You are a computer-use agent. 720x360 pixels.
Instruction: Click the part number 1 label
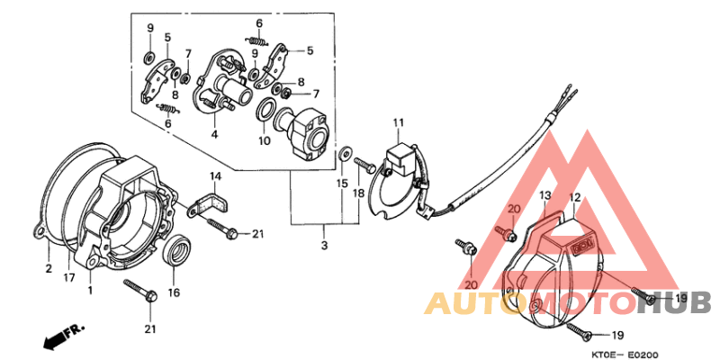[x=90, y=290]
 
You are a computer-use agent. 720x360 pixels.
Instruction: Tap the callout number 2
[x=48, y=267]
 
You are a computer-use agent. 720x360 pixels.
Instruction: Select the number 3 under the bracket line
[x=324, y=246]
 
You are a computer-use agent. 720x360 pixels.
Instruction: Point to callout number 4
[x=214, y=135]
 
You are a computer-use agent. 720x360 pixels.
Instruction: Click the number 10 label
[x=264, y=140]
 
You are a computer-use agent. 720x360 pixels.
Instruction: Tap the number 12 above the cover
[x=575, y=196]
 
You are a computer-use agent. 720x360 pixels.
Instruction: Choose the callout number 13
[x=544, y=195]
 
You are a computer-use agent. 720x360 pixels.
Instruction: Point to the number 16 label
[x=174, y=292]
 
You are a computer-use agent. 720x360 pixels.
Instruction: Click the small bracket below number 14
[x=210, y=198]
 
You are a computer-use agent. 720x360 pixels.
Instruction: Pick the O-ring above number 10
[x=265, y=111]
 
